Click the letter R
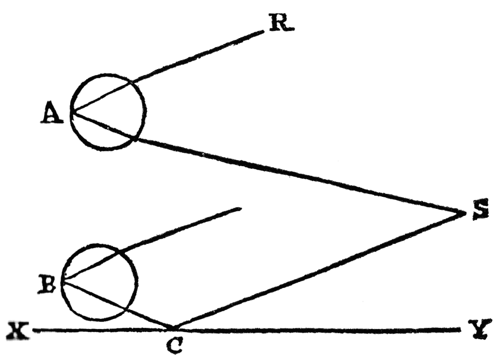(x=281, y=23)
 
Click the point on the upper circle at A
(x=71, y=112)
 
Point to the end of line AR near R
(x=264, y=32)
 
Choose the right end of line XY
(x=460, y=330)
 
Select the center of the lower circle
(x=99, y=282)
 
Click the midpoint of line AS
(x=268, y=163)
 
